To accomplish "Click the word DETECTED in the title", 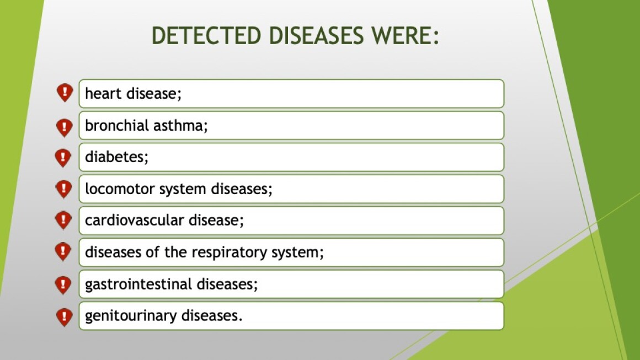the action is (206, 35).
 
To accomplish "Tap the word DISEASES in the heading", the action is (316, 35).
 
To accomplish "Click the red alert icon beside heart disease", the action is (65, 93).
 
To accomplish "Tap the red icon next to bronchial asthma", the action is (64, 127).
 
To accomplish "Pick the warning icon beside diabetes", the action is (63, 158).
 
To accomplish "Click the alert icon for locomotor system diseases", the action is (63, 189).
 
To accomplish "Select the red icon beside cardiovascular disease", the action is (63, 220).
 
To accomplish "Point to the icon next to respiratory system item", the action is (63, 251).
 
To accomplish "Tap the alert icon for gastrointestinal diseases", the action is (63, 285).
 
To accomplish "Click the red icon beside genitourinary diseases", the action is (63, 317).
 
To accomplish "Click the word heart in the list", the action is (103, 93).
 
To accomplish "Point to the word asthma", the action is (180, 125).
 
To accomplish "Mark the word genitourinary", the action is (131, 315).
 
